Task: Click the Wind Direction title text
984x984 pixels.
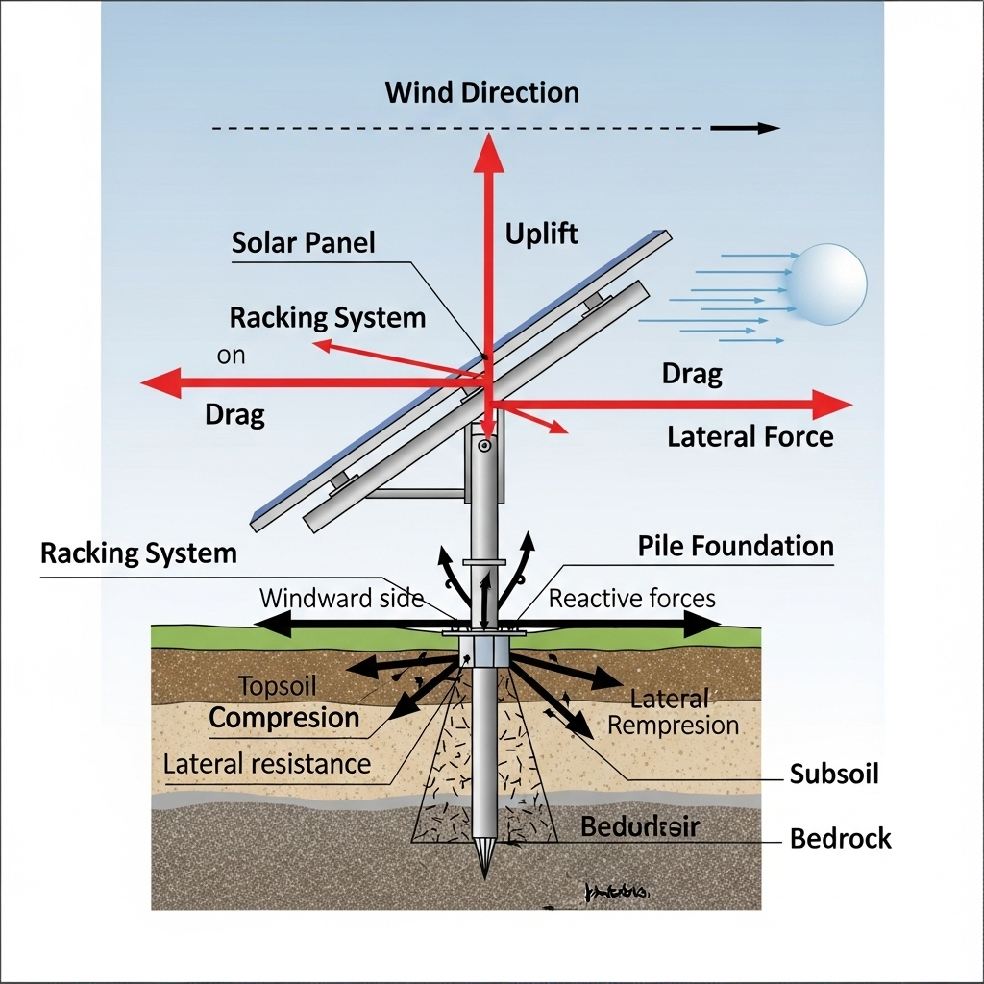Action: [x=481, y=93]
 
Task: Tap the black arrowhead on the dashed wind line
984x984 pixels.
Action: [x=766, y=128]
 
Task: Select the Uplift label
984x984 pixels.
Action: [x=542, y=234]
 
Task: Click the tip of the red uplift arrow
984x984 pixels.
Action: [x=489, y=139]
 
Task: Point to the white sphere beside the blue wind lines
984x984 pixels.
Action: [x=826, y=283]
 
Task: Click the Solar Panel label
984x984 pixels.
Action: [x=303, y=242]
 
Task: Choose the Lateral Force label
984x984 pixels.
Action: [x=750, y=437]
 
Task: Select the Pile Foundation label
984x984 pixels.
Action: [x=735, y=547]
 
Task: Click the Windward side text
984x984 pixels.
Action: [x=341, y=599]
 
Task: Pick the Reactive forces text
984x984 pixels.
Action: [x=631, y=599]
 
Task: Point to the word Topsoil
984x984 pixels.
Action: [x=277, y=686]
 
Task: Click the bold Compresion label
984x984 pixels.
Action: [x=283, y=718]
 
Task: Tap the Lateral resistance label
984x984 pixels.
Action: [x=266, y=764]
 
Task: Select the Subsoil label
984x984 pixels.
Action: [x=833, y=774]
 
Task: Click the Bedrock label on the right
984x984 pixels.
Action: [x=840, y=838]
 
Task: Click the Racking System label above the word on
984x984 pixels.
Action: [x=327, y=318]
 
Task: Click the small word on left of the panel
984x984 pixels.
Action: [x=231, y=356]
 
